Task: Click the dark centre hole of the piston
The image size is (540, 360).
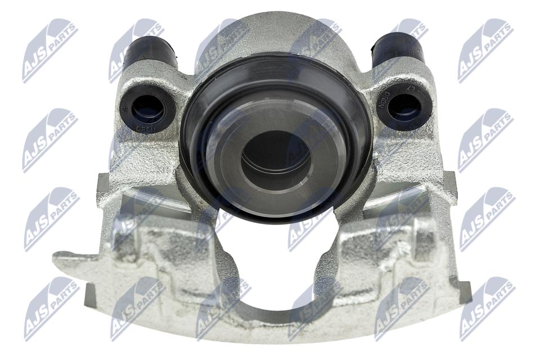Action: [x=276, y=155]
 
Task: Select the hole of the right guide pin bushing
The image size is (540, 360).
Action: [x=403, y=105]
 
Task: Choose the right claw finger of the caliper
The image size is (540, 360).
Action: [x=388, y=242]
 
